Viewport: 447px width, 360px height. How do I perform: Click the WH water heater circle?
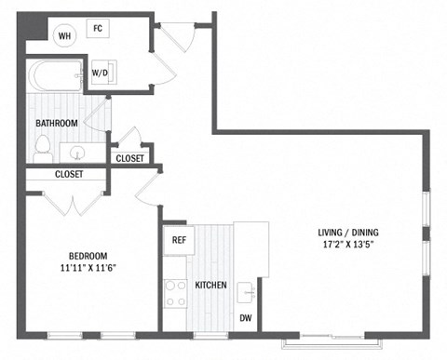click(x=64, y=36)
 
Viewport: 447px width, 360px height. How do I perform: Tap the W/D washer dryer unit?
click(x=100, y=72)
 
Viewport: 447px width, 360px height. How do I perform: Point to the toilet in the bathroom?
click(x=42, y=144)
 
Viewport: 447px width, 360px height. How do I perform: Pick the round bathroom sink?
click(x=76, y=152)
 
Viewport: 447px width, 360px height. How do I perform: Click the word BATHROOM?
click(x=57, y=123)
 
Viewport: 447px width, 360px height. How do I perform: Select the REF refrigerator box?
click(x=179, y=240)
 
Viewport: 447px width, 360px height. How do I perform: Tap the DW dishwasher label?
click(x=246, y=318)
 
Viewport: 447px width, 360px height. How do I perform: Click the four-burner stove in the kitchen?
click(x=176, y=293)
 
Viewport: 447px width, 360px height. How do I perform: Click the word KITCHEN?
click(x=211, y=285)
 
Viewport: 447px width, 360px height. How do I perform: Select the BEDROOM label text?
click(x=88, y=257)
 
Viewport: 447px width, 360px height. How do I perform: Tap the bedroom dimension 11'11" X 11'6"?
click(x=88, y=270)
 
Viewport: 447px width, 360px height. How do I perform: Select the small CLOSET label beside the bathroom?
click(x=129, y=159)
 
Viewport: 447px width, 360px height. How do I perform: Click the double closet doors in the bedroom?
click(x=72, y=201)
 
